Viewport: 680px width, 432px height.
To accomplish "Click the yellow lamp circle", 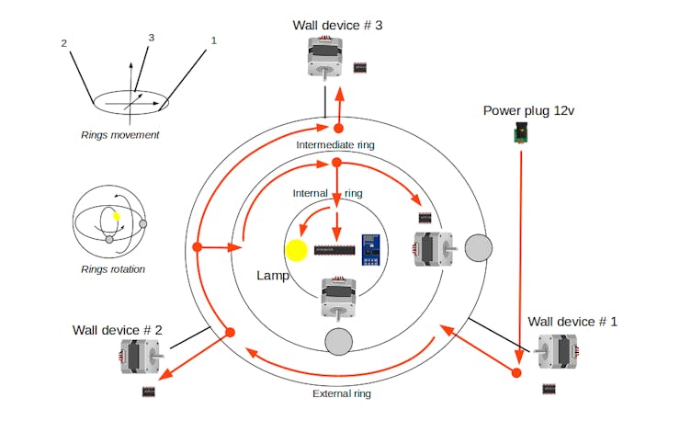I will coord(297,251).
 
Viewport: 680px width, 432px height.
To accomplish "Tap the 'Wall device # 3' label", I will coord(336,25).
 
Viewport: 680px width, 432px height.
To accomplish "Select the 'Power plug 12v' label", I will coord(528,111).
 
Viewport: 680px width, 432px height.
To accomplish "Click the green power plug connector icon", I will coord(520,135).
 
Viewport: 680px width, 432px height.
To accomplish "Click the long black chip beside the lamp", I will coord(334,250).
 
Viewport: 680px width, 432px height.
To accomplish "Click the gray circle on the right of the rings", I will coord(479,248).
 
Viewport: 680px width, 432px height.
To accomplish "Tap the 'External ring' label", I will coord(341,393).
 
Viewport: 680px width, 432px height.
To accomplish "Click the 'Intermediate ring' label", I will coord(335,145).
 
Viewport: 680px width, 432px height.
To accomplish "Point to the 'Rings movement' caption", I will coord(119,135).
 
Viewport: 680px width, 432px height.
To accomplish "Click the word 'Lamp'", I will coord(274,276).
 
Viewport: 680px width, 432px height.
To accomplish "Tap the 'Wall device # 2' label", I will coord(118,329).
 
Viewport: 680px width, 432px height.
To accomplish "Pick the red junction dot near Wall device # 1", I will coord(516,372).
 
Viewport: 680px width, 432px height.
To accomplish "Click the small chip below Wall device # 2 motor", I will coord(149,392).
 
